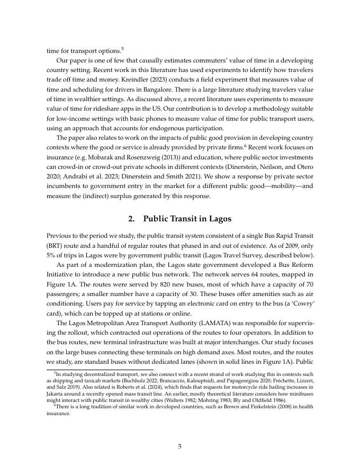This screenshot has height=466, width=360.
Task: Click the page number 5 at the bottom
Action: [179, 446]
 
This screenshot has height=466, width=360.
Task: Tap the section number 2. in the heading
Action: [132, 219]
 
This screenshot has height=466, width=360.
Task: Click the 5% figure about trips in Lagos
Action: [53, 255]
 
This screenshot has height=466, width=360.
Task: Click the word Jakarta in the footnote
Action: [57, 393]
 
